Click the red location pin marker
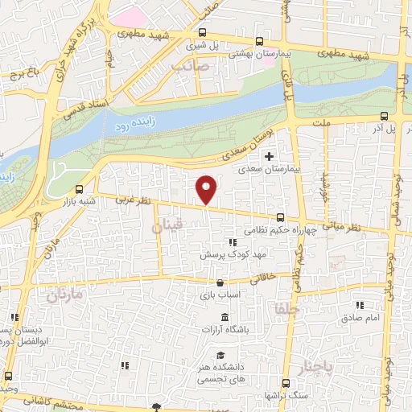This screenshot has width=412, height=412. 207,188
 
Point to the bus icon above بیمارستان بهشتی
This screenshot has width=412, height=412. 258,41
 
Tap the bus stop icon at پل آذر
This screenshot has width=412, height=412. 384,115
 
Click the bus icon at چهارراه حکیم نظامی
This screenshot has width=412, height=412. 280,216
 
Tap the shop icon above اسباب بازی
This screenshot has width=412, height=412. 220,282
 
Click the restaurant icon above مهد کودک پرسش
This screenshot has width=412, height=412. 233,241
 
